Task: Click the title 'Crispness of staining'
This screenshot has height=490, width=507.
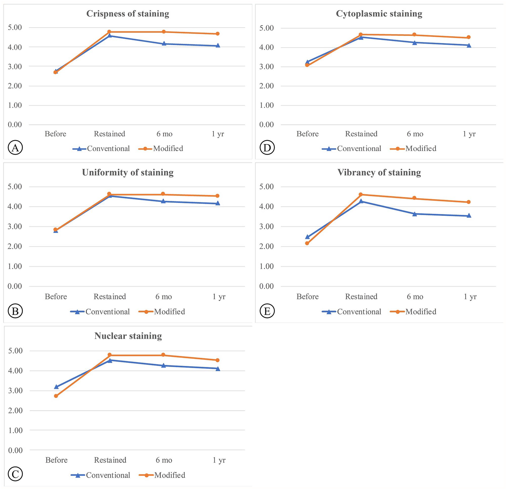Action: tap(128, 14)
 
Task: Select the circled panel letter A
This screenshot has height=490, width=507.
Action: tap(15, 148)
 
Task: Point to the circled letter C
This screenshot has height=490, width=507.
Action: tap(15, 474)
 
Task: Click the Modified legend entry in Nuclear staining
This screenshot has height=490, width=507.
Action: tap(162, 475)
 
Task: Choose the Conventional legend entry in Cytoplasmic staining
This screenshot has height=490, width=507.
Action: tap(352, 148)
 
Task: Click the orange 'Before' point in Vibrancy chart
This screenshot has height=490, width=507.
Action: tap(307, 243)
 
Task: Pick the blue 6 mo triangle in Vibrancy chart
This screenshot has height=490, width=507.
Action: tap(415, 214)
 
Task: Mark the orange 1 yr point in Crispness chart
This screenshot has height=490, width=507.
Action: tap(218, 34)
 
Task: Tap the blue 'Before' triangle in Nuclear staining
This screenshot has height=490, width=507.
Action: tap(56, 387)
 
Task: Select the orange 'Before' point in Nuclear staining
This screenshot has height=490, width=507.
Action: tap(56, 396)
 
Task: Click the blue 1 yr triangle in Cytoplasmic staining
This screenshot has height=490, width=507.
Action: tap(469, 45)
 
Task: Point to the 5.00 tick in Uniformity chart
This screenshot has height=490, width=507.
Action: tap(15, 187)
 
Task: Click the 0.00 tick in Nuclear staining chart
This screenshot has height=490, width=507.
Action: tap(15, 450)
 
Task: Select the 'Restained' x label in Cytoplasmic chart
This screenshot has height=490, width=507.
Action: tap(361, 134)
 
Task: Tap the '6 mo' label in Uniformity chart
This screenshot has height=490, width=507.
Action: tap(164, 297)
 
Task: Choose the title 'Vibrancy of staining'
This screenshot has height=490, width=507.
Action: tap(379, 173)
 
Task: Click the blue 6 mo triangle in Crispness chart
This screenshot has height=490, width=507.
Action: tap(164, 44)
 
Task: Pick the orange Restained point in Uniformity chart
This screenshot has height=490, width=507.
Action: tap(109, 194)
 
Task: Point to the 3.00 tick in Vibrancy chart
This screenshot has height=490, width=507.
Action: tap(266, 227)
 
